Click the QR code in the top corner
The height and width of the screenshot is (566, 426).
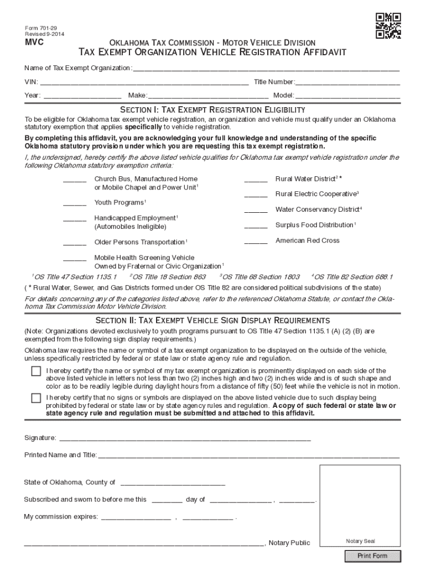(x=388, y=25)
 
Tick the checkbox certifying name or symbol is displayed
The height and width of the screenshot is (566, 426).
(x=36, y=371)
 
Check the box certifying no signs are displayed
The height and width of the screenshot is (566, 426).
(x=36, y=398)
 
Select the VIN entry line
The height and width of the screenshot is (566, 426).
(x=144, y=82)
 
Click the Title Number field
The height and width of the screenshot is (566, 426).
(x=348, y=82)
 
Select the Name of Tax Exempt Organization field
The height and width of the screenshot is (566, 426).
(x=266, y=68)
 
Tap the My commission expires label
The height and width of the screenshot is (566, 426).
(x=61, y=517)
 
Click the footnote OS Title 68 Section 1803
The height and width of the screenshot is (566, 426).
(x=261, y=277)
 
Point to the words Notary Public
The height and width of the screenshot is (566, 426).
(x=289, y=543)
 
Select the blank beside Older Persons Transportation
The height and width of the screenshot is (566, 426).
(x=75, y=243)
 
